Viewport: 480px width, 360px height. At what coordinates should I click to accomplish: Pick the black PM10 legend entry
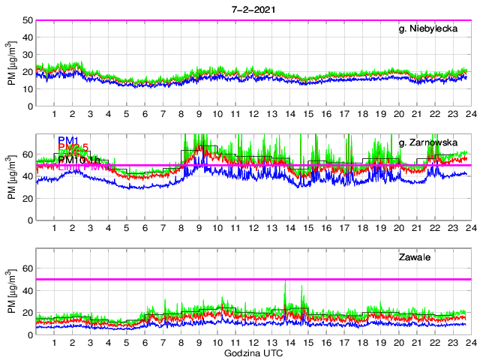tap(72, 160)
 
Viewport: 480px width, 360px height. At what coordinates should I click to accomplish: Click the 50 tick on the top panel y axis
tap(27, 20)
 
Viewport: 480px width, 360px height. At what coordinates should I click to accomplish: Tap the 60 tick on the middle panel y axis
tap(27, 154)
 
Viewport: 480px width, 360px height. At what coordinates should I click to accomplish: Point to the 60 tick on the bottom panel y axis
tap(27, 268)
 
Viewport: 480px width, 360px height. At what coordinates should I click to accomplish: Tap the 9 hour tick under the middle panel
tap(199, 229)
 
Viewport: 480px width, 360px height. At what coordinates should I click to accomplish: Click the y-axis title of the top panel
tap(11, 64)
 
